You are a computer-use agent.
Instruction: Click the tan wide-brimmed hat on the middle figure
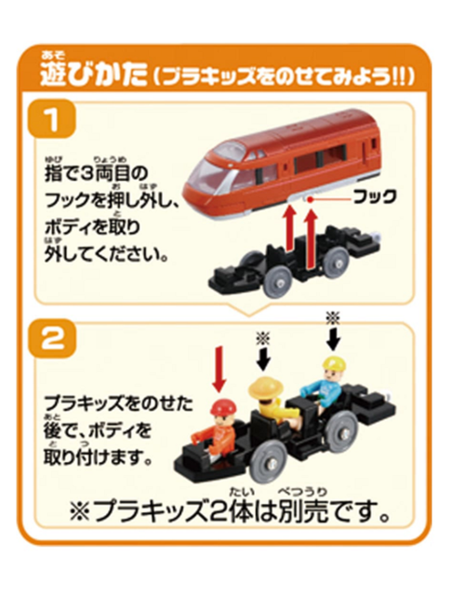[x=268, y=385]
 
